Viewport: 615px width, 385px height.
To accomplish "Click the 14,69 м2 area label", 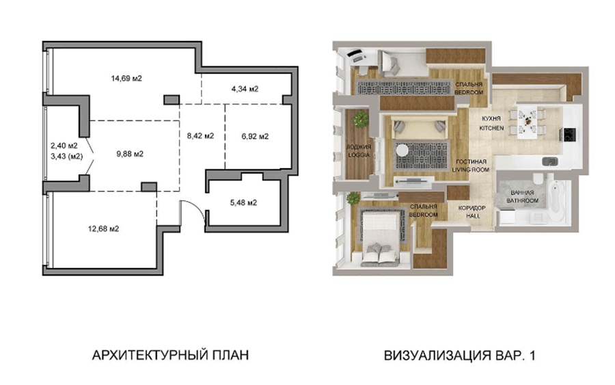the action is (126, 79).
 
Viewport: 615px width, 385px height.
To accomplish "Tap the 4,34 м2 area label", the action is (245, 89).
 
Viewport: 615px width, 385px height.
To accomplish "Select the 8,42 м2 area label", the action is (200, 136).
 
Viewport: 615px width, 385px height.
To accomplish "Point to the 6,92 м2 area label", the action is (255, 137).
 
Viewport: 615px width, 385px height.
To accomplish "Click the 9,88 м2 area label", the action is (130, 155).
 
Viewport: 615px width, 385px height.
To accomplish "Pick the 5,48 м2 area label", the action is (243, 203).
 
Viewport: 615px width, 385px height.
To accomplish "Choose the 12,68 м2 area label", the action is (104, 229).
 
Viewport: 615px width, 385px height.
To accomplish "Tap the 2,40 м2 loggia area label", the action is (64, 146).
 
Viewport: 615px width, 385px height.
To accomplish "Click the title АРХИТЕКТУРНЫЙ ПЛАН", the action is (170, 355).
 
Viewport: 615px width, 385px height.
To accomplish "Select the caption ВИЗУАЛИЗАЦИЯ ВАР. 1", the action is (459, 356).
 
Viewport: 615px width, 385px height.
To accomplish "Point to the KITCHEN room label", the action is (491, 128).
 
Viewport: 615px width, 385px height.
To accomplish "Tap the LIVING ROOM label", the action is (471, 170).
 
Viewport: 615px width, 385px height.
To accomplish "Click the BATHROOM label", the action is (523, 200).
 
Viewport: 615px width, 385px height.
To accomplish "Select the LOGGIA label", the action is (359, 155).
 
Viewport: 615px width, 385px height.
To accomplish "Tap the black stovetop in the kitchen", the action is (569, 135).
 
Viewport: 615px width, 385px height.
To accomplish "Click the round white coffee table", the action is (402, 150).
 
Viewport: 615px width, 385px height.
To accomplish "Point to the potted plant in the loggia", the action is (360, 119).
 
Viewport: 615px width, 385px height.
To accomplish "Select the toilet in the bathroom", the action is (538, 178).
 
